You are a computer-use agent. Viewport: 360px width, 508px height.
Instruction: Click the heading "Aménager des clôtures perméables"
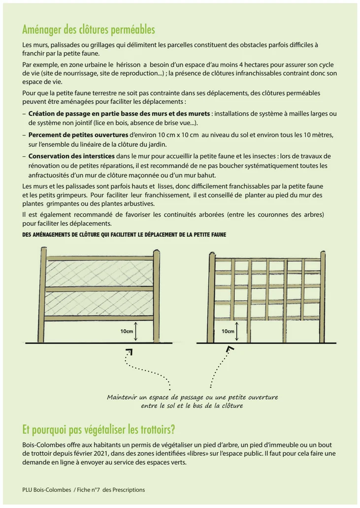click(89, 30)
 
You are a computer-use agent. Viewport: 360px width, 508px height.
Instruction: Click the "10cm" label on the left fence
click(127, 331)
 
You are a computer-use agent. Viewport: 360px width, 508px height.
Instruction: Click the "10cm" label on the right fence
click(228, 331)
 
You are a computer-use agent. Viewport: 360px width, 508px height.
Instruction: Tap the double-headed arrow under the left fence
click(135, 332)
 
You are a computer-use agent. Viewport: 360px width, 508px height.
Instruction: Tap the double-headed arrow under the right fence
click(237, 332)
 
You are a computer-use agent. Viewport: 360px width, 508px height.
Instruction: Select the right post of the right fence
click(323, 296)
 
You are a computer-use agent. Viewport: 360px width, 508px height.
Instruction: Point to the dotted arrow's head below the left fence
click(130, 352)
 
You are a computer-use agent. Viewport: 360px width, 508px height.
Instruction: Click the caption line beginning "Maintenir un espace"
click(193, 397)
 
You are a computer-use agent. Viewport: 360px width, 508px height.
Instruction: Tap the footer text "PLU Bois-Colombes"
click(46, 490)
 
